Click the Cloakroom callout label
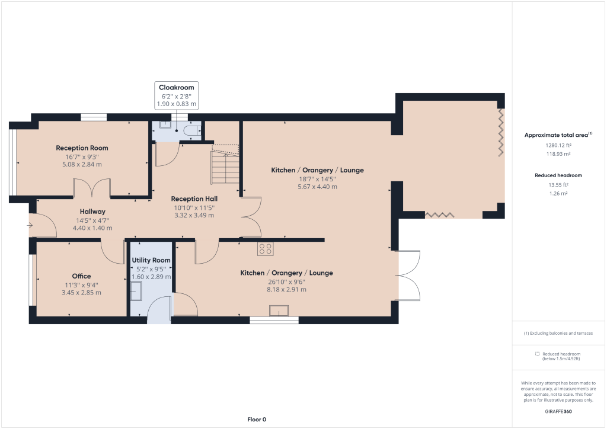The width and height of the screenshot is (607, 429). point(177,88)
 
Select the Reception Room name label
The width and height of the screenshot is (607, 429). point(82,148)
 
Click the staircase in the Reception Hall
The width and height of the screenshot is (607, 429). point(225,167)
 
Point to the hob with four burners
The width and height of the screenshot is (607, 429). point(266,249)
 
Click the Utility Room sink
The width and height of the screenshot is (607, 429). point(136,291)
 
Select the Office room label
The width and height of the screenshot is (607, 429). point(81,276)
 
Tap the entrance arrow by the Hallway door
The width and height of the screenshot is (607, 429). point(30,225)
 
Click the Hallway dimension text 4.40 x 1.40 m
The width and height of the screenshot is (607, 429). point(92,228)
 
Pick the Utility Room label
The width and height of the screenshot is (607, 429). point(151,260)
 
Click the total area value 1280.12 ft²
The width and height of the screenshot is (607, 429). point(558,145)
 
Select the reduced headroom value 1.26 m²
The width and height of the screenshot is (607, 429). point(558,193)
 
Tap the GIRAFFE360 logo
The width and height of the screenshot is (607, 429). point(558,412)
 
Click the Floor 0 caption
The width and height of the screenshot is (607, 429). point(257,420)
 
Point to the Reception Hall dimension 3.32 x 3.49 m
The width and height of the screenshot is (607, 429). point(194,215)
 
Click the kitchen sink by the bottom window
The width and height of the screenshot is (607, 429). point(279,310)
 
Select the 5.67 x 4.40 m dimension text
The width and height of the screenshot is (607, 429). point(318,187)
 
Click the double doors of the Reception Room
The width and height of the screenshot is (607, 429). point(92,188)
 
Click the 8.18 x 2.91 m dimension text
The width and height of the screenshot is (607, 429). point(286,289)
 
